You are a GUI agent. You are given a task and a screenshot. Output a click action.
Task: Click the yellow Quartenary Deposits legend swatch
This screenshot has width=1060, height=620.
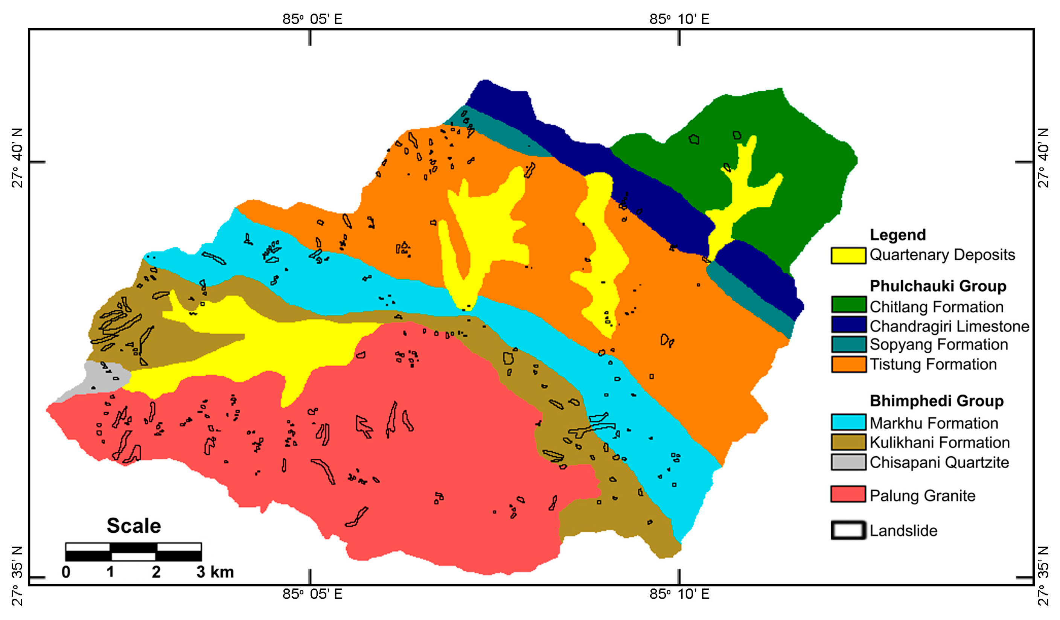(848, 255)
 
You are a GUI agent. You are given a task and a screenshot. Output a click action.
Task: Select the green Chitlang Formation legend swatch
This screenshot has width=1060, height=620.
(848, 305)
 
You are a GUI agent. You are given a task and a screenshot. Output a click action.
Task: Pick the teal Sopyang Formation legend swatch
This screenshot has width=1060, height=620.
(848, 344)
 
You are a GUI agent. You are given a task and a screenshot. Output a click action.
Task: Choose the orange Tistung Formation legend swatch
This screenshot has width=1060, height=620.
(848, 364)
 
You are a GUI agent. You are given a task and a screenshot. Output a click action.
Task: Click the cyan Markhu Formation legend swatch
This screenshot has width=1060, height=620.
(848, 422)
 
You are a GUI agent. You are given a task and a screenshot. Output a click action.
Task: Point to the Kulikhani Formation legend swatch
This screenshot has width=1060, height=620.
(848, 442)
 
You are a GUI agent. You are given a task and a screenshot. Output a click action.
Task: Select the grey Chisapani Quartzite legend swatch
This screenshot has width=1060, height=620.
(848, 462)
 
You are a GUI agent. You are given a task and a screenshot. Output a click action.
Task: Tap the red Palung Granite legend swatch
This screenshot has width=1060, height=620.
(848, 494)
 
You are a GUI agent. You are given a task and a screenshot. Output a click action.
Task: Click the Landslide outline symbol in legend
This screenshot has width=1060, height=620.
(848, 530)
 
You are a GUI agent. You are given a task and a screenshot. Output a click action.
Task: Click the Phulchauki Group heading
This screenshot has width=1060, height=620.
(938, 286)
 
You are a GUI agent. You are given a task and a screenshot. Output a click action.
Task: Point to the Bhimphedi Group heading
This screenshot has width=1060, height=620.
(936, 401)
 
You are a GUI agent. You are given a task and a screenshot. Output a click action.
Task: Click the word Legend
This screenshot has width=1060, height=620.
(898, 235)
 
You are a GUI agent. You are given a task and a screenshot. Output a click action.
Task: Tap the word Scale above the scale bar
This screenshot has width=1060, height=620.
(134, 526)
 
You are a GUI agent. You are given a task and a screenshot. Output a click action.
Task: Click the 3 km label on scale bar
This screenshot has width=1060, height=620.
(215, 572)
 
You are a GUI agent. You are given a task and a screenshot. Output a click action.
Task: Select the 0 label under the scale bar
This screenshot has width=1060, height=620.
(66, 572)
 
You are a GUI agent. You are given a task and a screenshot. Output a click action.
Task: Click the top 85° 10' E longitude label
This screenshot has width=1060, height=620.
(679, 19)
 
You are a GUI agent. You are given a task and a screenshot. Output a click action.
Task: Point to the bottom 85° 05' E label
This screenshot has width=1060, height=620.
(312, 594)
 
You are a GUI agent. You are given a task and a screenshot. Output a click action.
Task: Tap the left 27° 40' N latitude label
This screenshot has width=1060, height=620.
(17, 158)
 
